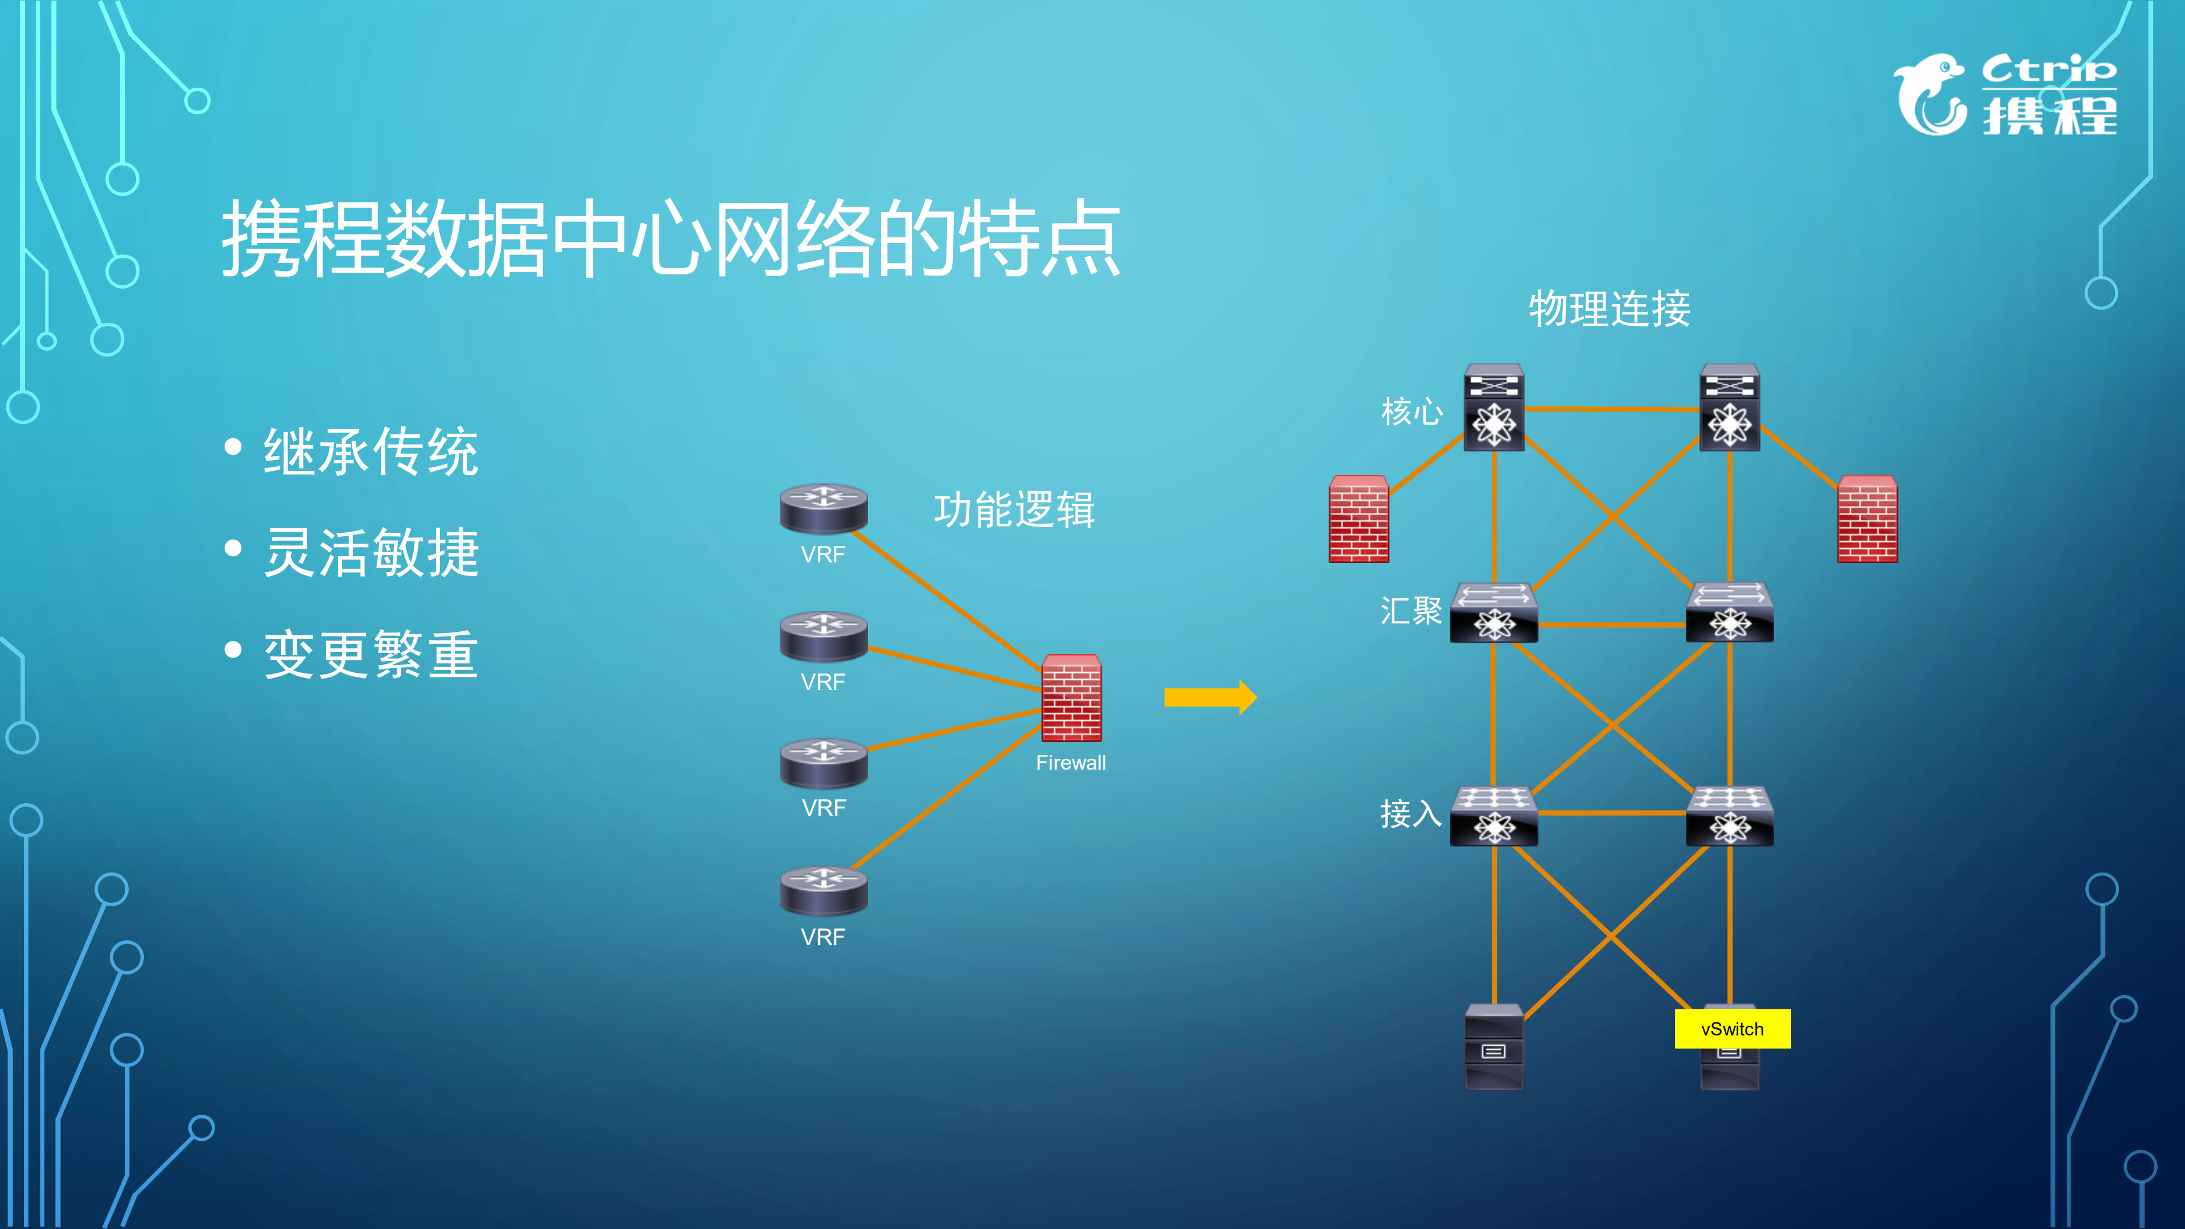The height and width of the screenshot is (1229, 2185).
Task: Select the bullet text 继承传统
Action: click(x=371, y=451)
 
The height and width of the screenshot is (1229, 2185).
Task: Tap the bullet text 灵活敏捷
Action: click(x=371, y=552)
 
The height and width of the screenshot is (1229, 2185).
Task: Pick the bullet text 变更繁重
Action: click(x=371, y=655)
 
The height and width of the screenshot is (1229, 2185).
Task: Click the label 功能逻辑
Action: click(x=1014, y=509)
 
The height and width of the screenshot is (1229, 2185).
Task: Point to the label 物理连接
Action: click(x=1609, y=309)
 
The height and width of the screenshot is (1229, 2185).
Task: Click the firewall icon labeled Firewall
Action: click(x=1071, y=698)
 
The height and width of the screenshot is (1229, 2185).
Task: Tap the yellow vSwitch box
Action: click(x=1732, y=1029)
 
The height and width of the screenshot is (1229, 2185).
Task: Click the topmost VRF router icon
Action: click(x=823, y=507)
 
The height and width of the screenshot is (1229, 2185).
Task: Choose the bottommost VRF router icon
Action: click(x=823, y=890)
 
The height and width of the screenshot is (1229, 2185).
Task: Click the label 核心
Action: click(x=1412, y=412)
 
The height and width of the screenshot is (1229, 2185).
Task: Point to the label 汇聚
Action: click(x=1412, y=611)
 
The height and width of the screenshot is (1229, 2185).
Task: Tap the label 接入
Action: click(x=1412, y=813)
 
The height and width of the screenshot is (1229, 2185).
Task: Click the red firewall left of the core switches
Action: click(x=1359, y=519)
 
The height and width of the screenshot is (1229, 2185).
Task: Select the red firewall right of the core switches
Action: click(x=1867, y=519)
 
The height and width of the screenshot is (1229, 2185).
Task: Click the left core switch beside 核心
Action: click(x=1493, y=407)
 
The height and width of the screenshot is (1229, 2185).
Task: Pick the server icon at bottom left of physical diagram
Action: click(x=1493, y=1047)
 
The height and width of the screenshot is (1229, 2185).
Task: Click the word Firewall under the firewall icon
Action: click(x=1071, y=763)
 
